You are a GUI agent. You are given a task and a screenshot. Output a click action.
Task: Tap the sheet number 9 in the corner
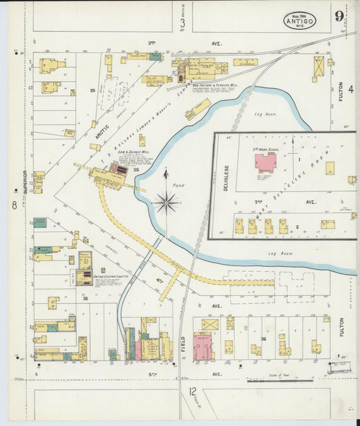(x=339, y=16)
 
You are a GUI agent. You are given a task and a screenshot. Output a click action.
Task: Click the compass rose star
(x=166, y=201)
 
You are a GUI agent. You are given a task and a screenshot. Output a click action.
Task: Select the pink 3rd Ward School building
(x=265, y=163)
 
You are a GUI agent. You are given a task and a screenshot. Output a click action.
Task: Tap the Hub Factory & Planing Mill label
(x=215, y=86)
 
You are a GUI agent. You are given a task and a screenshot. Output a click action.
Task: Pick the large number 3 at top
(x=182, y=24)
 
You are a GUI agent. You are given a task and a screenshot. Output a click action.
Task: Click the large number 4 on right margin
(x=351, y=88)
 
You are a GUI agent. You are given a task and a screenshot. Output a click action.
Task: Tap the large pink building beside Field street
(x=202, y=347)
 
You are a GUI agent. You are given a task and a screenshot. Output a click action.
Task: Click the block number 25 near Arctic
(x=92, y=90)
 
